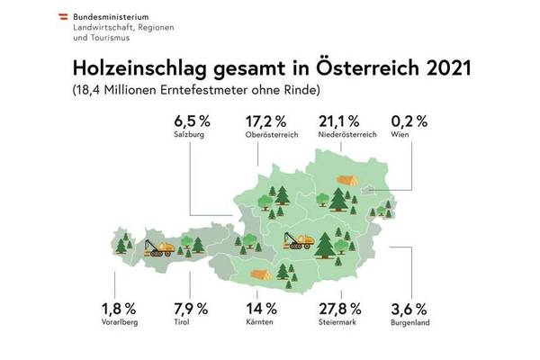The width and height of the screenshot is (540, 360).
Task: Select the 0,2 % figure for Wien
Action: pos(409,121)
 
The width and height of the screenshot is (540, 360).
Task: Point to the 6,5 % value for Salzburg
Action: pos(193,121)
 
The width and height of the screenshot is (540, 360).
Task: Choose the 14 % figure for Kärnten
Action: pos(262,309)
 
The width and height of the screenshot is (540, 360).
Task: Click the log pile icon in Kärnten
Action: pos(262,275)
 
